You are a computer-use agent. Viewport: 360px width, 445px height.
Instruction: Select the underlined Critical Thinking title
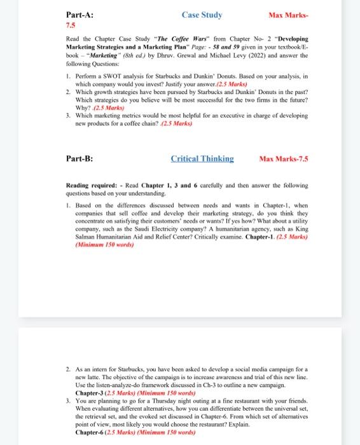[x=202, y=159]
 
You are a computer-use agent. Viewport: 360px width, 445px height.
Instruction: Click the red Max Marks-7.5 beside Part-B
[x=284, y=159]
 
